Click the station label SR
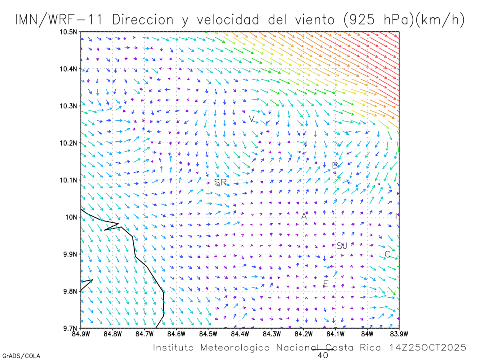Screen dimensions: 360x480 click(x=220, y=182)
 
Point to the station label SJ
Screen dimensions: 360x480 click(x=342, y=246)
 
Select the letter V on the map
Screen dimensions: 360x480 click(x=252, y=119)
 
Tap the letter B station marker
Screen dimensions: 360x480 click(x=335, y=165)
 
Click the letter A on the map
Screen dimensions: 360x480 click(x=304, y=216)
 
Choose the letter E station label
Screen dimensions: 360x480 click(x=326, y=284)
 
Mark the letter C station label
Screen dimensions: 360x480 click(x=387, y=254)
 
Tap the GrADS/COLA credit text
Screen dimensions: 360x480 click(x=21, y=356)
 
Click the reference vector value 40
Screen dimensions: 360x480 click(x=323, y=355)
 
